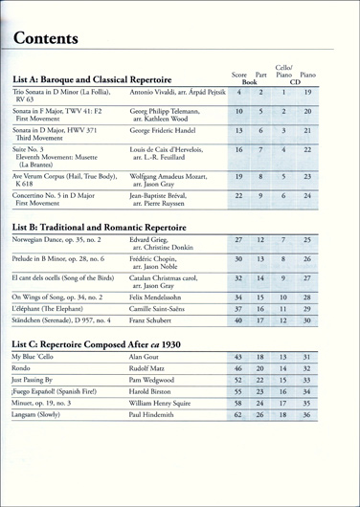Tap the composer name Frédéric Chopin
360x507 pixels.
tap(159, 258)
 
